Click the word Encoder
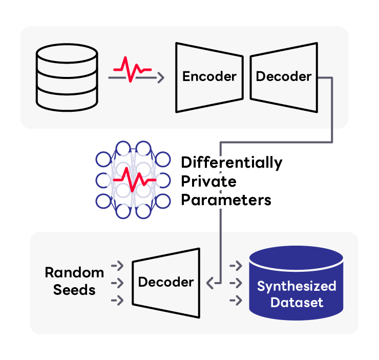(x=209, y=76)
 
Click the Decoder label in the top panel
(x=284, y=76)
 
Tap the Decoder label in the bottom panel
(x=166, y=282)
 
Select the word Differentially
(x=231, y=163)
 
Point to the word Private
(x=208, y=182)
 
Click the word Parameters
(x=226, y=200)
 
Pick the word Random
(x=74, y=273)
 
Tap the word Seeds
(x=74, y=290)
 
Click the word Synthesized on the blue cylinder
(x=297, y=286)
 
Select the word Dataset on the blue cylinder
(x=297, y=303)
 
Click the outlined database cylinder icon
(x=67, y=77)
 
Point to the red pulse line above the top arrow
(x=133, y=69)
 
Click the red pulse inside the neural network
(x=134, y=180)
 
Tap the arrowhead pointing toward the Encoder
(x=161, y=78)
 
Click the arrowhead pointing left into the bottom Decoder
(x=210, y=283)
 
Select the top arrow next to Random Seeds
(x=117, y=266)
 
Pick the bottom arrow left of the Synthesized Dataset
(x=236, y=301)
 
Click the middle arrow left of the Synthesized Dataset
(x=236, y=283)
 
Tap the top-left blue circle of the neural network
(x=103, y=159)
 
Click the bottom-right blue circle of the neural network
(x=163, y=201)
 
